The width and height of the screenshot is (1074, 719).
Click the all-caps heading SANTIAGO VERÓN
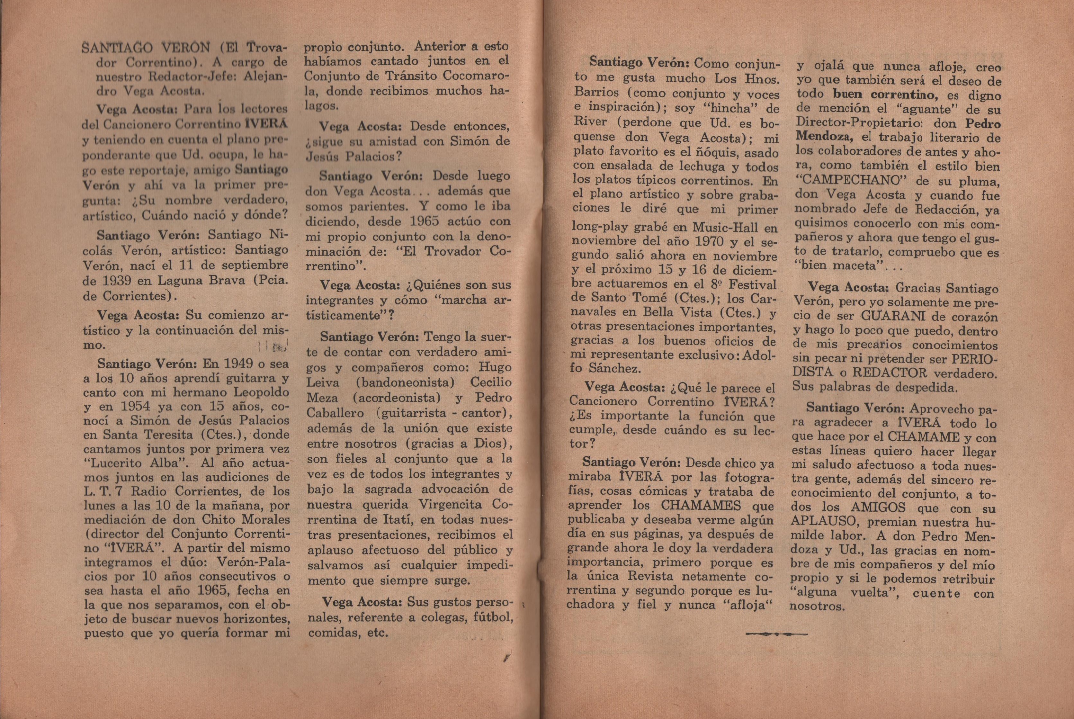[146, 48]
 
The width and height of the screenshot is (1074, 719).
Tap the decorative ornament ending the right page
[776, 634]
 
